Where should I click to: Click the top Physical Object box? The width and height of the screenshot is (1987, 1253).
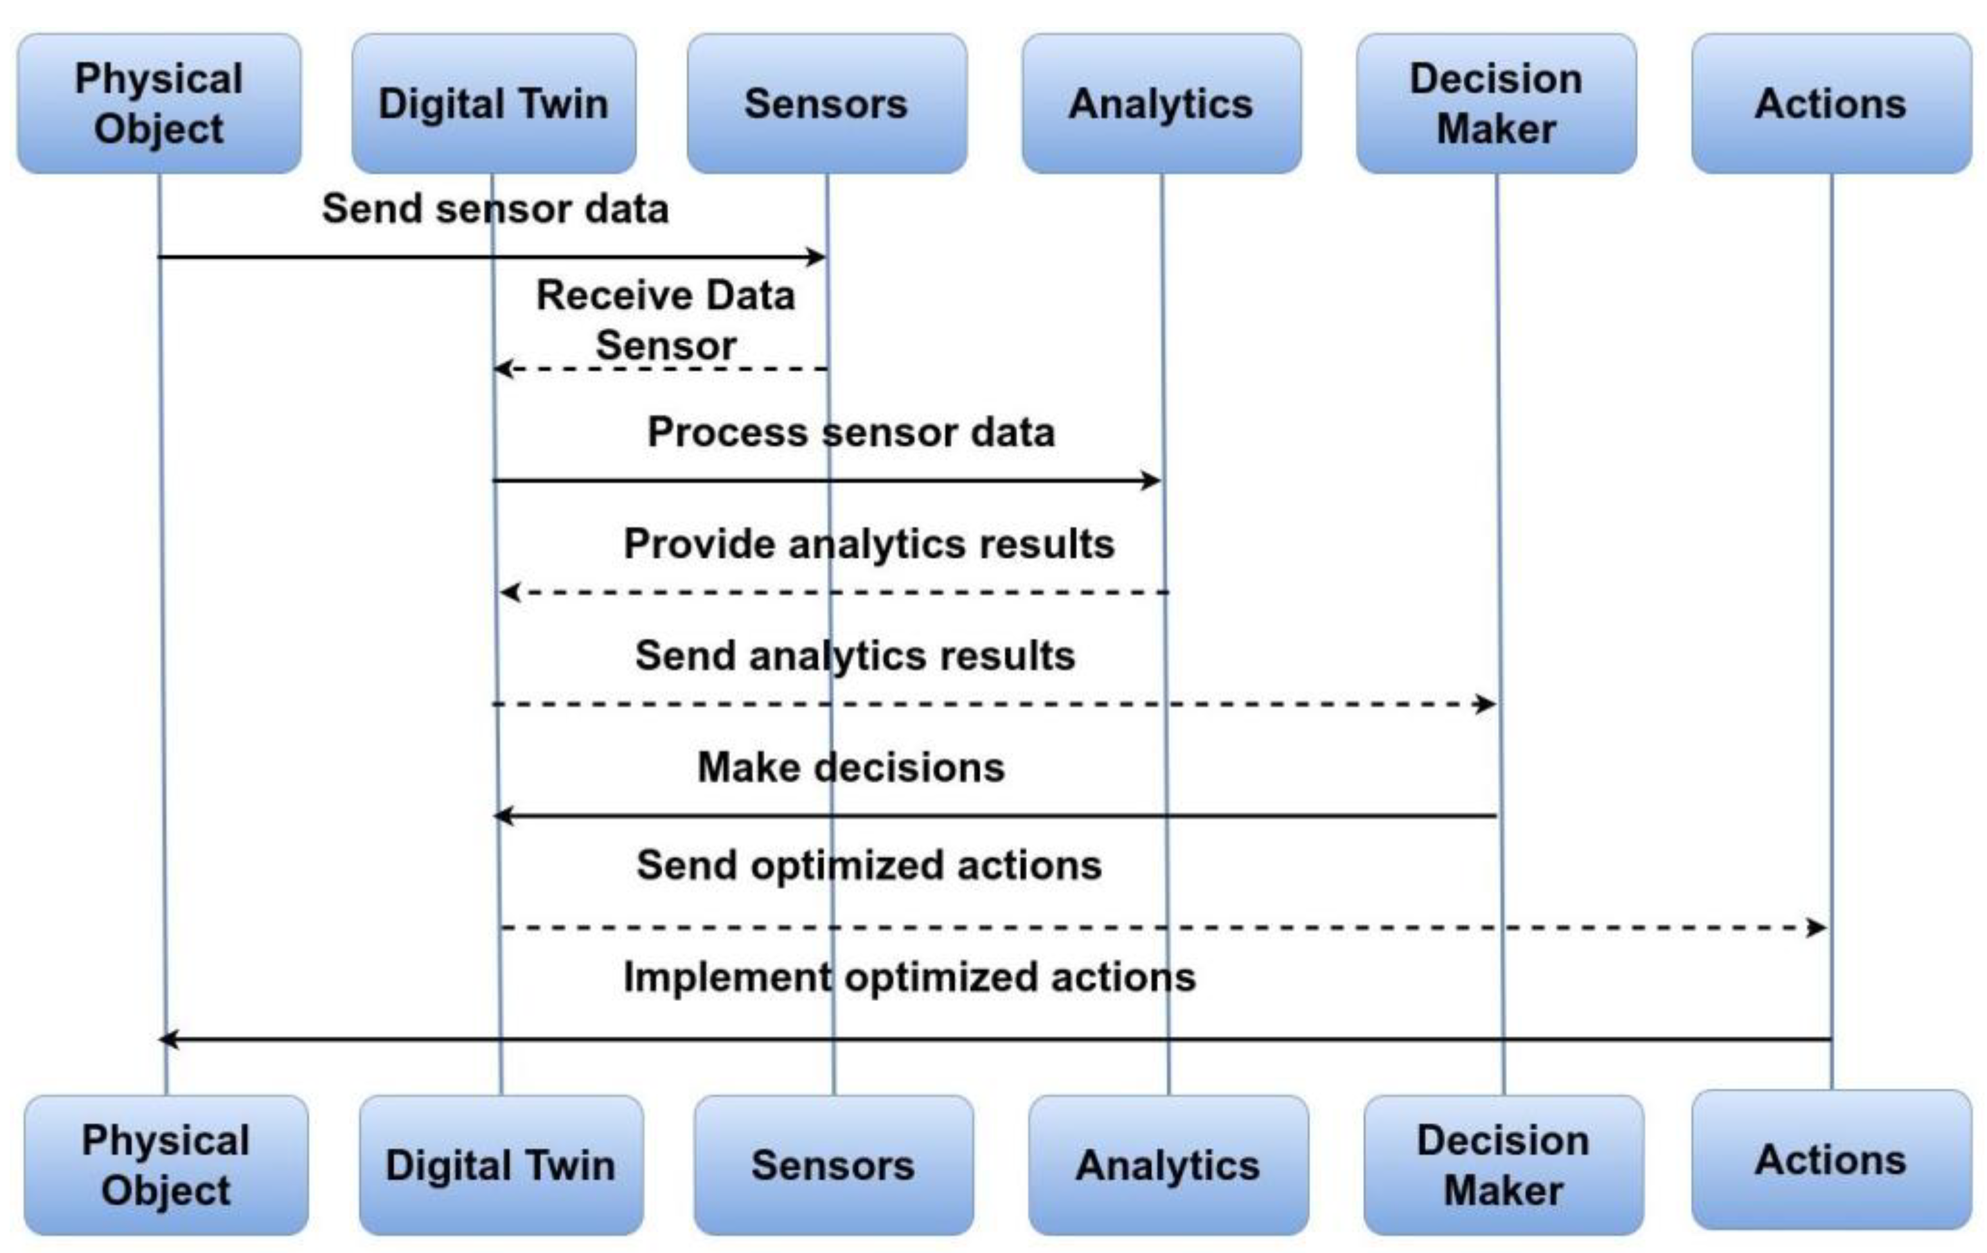pos(159,103)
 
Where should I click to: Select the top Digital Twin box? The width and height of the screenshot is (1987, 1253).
pos(494,103)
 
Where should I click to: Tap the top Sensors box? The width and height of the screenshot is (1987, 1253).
pos(827,103)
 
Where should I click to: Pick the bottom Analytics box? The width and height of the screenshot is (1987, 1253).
pos(1168,1165)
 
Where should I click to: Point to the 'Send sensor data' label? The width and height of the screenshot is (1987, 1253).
pos(495,208)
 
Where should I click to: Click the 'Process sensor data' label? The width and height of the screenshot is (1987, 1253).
pos(851,431)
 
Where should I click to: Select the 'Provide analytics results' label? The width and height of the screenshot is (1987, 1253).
pos(869,544)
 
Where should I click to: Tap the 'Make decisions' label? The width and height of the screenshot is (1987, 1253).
pos(851,767)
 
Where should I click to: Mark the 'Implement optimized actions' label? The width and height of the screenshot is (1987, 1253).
pos(909,977)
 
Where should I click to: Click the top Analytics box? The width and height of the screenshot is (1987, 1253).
pos(1161,103)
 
